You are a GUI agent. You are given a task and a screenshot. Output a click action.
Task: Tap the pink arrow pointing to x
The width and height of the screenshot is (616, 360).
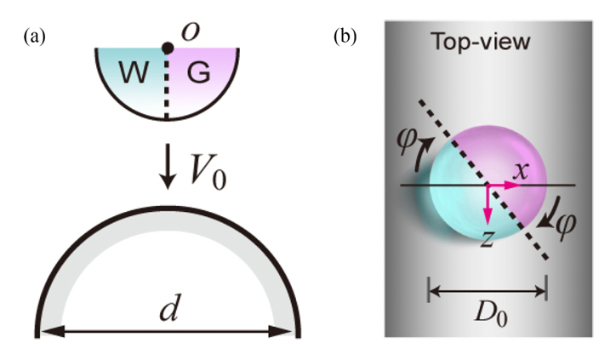pyautogui.click(x=500, y=185)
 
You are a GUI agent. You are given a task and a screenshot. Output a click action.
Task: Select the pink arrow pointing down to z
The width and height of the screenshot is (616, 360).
pyautogui.click(x=487, y=201)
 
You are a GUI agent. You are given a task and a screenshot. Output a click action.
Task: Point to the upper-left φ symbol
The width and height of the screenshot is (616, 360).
pyautogui.click(x=411, y=136)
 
